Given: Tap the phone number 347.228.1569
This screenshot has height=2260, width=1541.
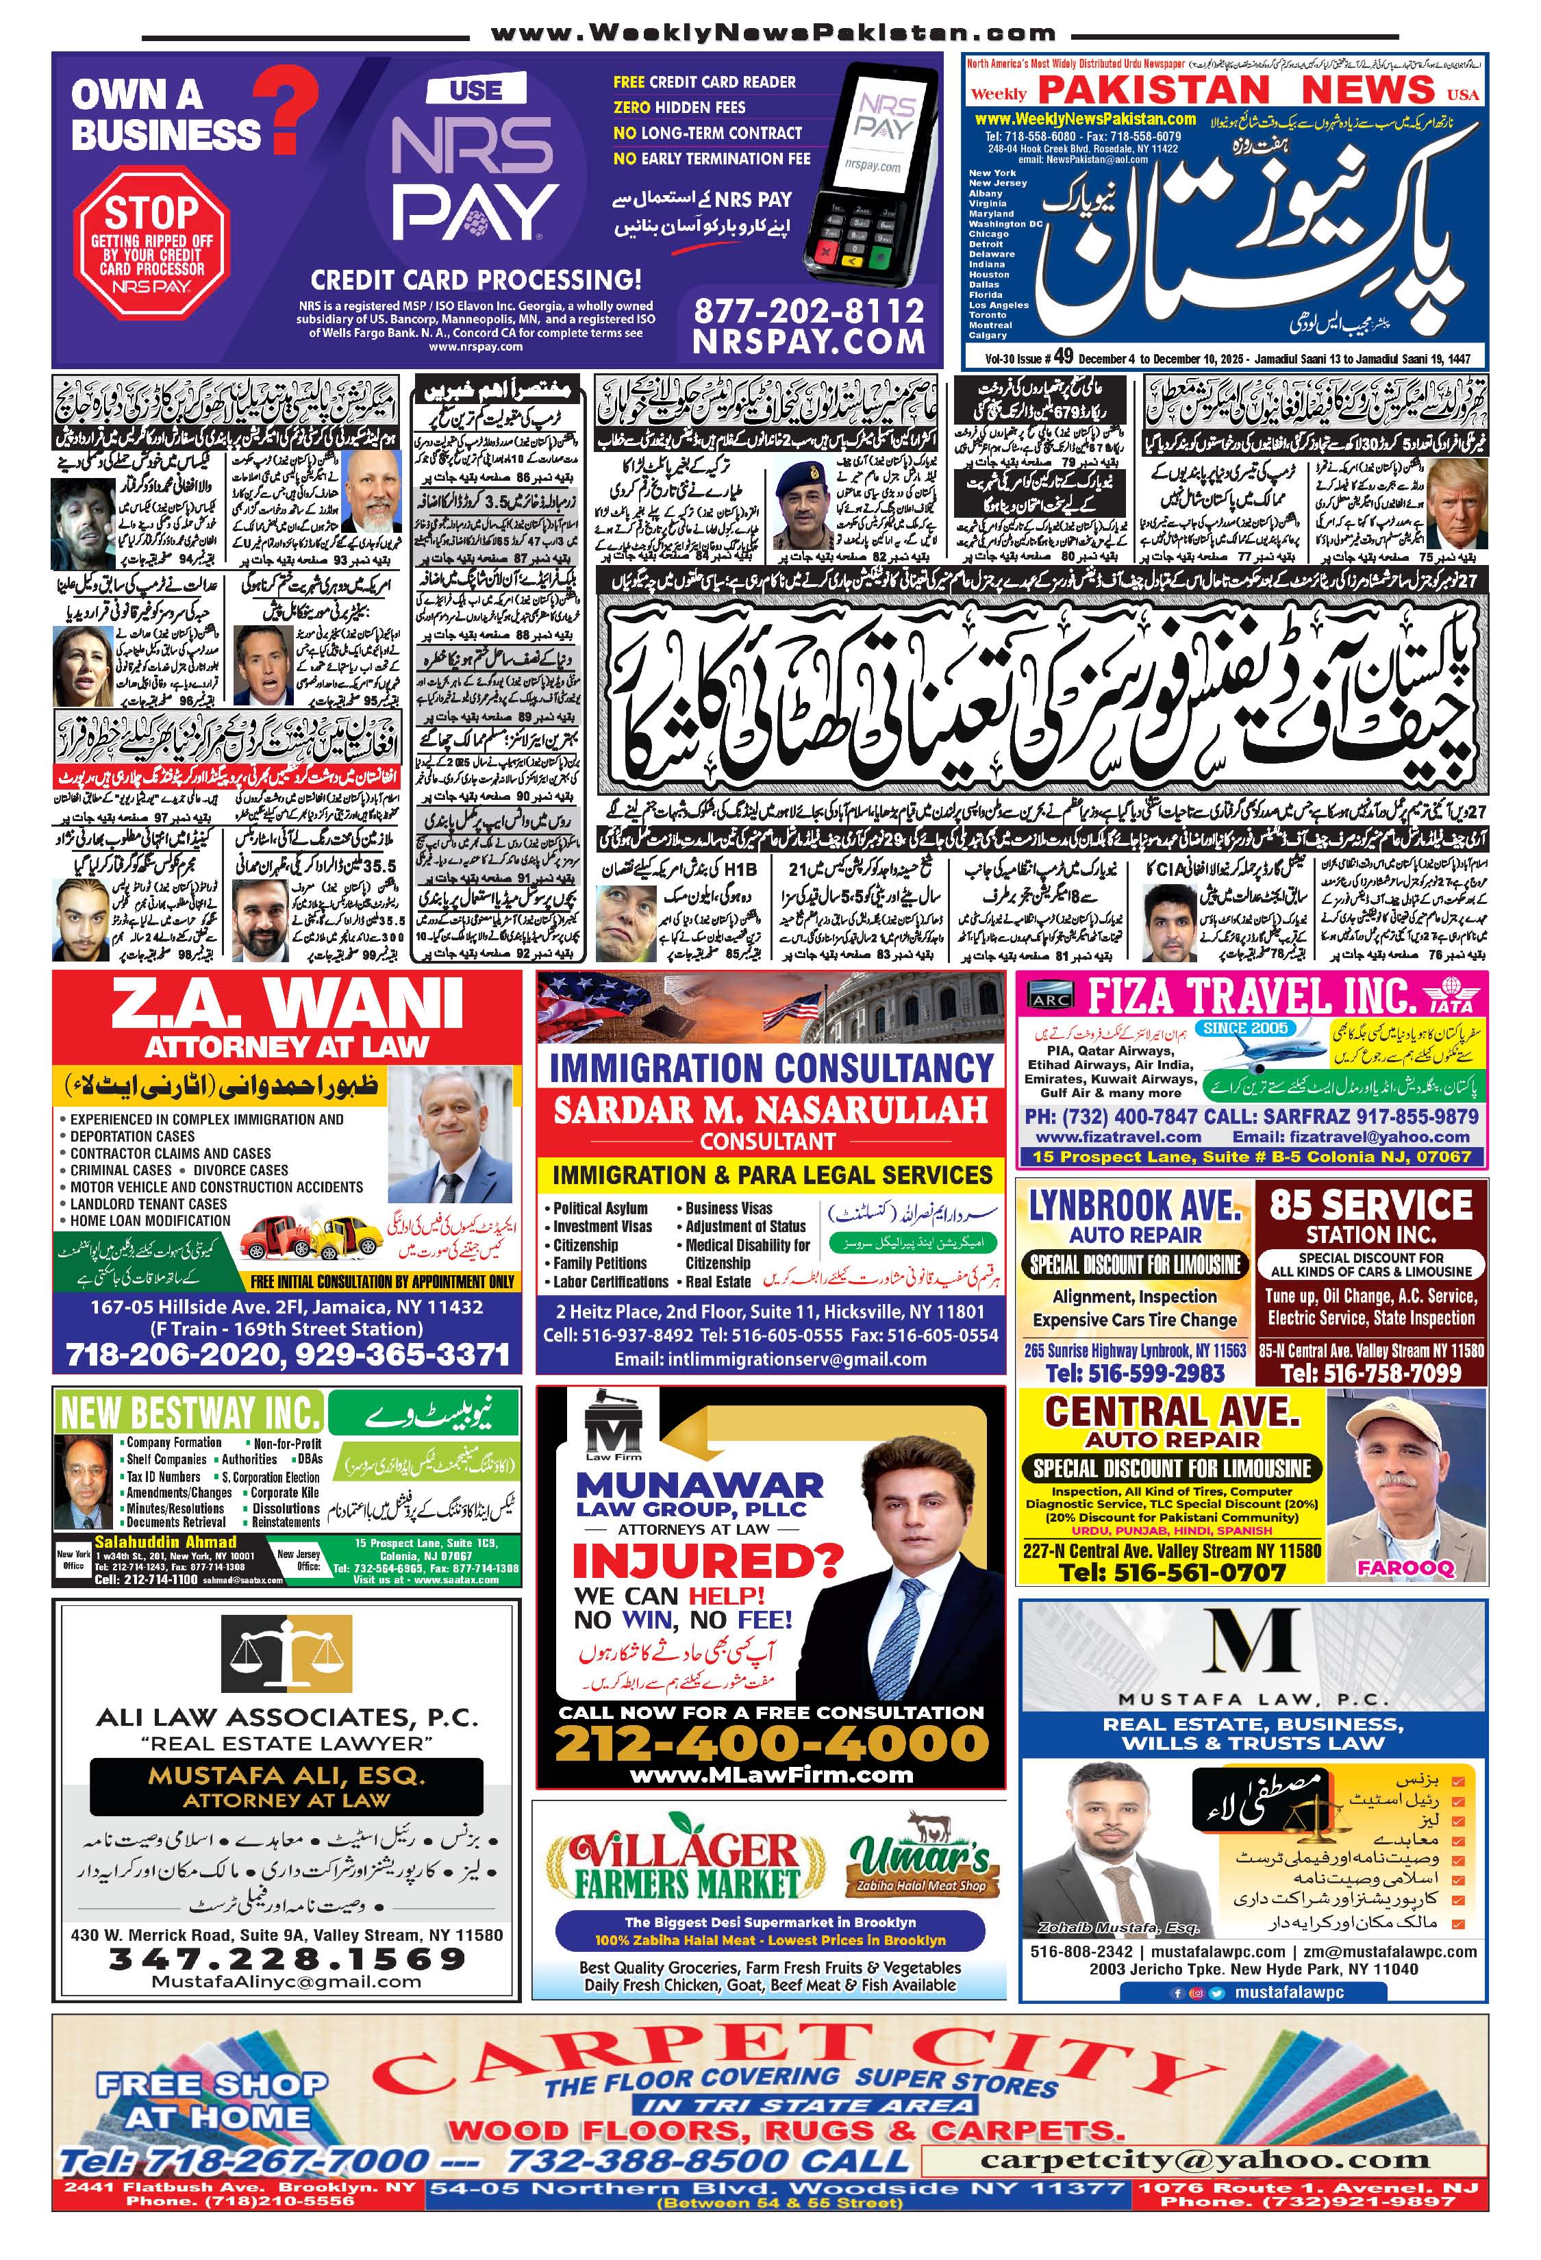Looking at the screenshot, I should [287, 1957].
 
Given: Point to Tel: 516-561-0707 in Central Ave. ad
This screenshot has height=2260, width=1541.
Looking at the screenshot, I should [1172, 1572].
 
